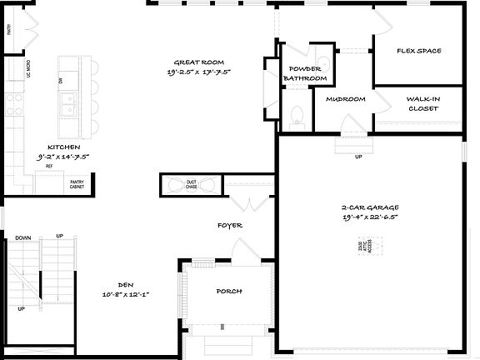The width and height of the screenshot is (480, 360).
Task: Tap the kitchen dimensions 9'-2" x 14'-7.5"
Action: click(x=62, y=156)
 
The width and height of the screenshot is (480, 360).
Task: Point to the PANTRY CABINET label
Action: click(x=77, y=183)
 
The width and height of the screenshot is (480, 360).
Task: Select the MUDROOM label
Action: click(x=346, y=99)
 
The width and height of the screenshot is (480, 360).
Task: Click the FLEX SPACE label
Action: click(x=418, y=51)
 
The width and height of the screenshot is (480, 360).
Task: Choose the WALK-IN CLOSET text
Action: click(x=423, y=102)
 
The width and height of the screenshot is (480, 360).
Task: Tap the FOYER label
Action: click(x=230, y=225)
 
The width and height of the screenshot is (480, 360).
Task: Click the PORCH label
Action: click(x=228, y=291)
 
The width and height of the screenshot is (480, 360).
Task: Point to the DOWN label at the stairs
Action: click(x=23, y=237)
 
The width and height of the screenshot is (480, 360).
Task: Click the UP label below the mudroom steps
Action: click(x=358, y=157)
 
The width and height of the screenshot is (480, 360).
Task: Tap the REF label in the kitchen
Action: click(x=49, y=167)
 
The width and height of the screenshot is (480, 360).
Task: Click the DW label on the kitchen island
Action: click(x=61, y=80)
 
